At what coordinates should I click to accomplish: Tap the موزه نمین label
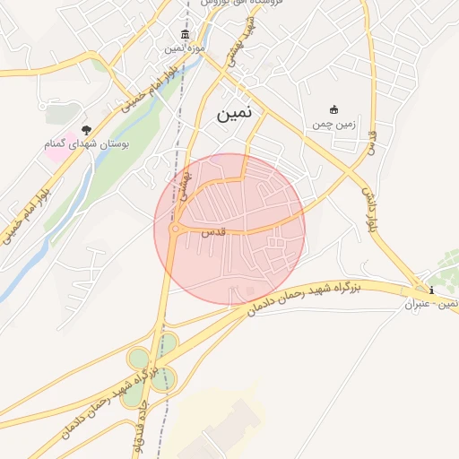(x=191, y=47)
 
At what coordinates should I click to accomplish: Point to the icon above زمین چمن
(x=335, y=108)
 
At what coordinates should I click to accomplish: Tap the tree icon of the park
(x=86, y=130)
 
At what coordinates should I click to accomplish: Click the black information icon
(x=432, y=290)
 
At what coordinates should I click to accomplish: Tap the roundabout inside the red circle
(x=175, y=229)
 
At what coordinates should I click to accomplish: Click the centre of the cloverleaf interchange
(x=152, y=370)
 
